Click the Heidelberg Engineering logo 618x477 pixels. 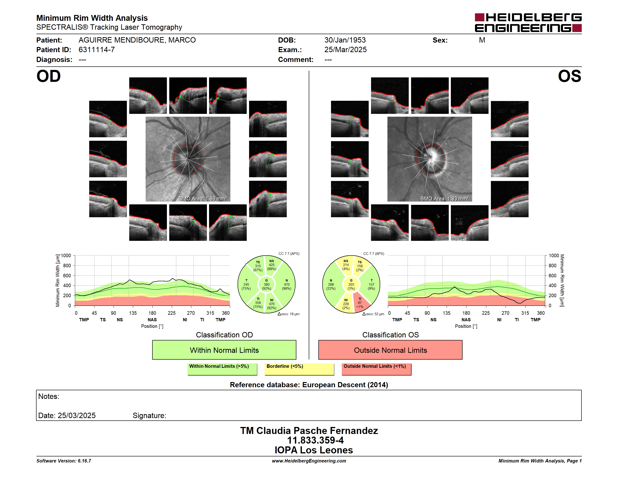pos(528,23)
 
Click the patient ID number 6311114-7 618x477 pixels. pos(96,50)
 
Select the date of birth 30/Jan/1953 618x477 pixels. pos(345,40)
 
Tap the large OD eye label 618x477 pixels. pos(49,76)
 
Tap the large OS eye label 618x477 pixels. pos(569,76)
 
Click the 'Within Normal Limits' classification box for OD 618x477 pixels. pos(224,350)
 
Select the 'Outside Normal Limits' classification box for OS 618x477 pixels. pos(390,350)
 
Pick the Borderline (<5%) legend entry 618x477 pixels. pos(299,369)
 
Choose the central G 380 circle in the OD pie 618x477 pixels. pos(266,285)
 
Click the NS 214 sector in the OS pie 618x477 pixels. pos(346,265)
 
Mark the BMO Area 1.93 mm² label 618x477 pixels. pos(445,199)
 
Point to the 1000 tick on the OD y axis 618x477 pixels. pos(66,256)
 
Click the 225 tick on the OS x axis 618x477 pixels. pos(486,313)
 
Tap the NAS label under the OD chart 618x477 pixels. pos(152,320)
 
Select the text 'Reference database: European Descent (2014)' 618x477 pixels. pos(309,385)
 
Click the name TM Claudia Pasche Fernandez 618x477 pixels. pos(309,431)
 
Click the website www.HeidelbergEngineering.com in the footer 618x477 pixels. pos(309,461)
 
